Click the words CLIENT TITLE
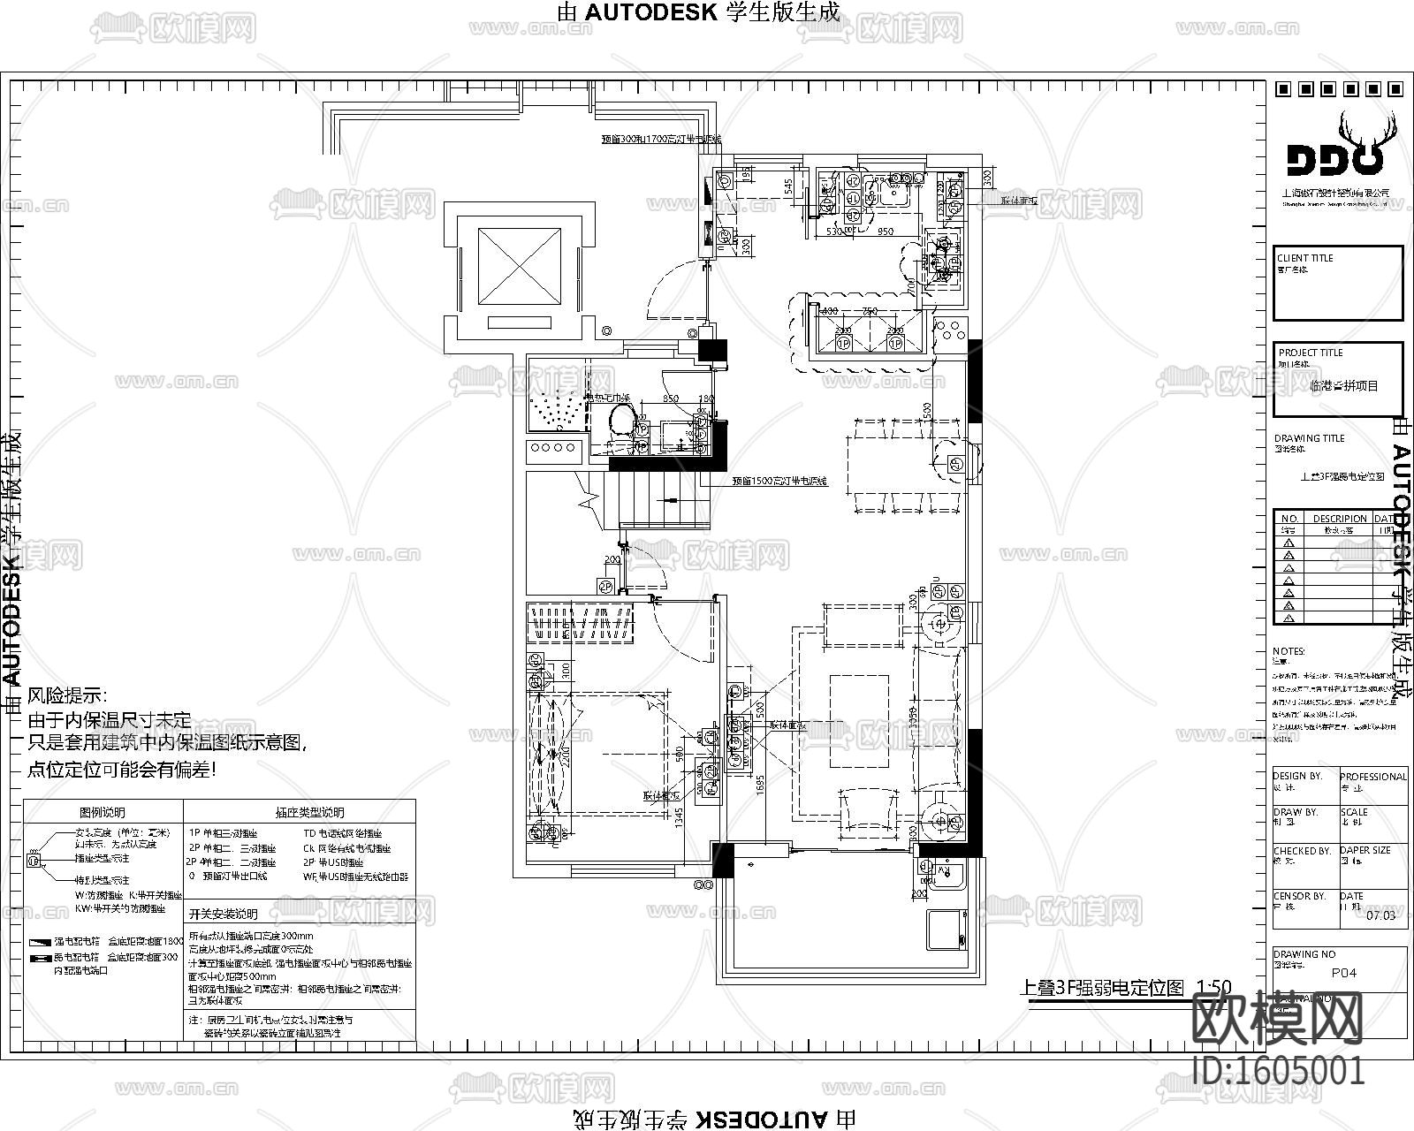1304,258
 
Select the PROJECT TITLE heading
1311,353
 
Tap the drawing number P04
1343,973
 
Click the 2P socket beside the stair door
605,586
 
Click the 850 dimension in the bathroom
671,399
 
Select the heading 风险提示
67,696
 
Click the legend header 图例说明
103,812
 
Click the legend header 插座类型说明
309,812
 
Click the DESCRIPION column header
1339,519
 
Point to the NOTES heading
1289,651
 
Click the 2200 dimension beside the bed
563,754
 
